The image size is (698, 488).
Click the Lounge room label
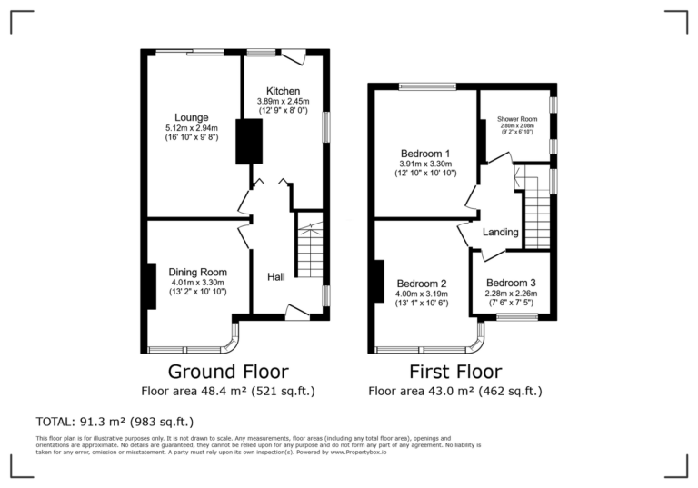click(193, 117)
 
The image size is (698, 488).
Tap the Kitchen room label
click(283, 91)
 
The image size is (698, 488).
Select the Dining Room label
click(197, 272)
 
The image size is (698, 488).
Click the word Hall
click(278, 276)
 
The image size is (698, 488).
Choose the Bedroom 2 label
click(421, 283)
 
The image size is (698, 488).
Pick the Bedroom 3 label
click(510, 283)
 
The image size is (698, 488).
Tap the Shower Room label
click(516, 119)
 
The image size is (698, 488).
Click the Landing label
click(500, 233)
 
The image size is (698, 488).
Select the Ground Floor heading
click(228, 371)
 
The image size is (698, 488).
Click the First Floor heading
click(455, 371)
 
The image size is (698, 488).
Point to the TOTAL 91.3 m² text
click(115, 422)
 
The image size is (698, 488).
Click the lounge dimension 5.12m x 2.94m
click(193, 128)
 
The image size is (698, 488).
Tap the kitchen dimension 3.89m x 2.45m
click(283, 101)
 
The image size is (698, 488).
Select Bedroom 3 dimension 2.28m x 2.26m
click(510, 294)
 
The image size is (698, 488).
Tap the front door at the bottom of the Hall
click(296, 312)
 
